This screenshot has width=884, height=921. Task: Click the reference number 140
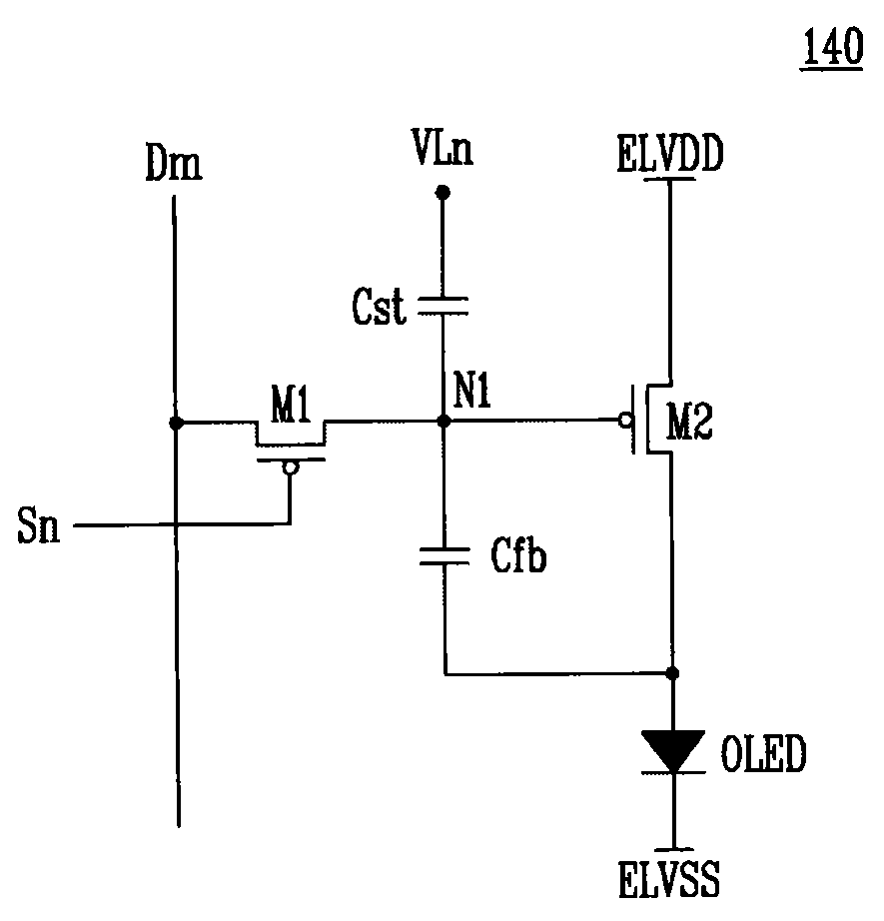pyautogui.click(x=832, y=46)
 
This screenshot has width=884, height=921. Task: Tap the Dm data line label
pyautogui.click(x=174, y=163)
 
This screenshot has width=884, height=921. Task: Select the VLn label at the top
pyautogui.click(x=442, y=147)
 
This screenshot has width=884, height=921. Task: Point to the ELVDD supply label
pyautogui.click(x=670, y=153)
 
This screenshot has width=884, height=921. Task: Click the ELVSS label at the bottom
pyautogui.click(x=669, y=879)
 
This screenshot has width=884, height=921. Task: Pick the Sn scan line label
pyautogui.click(x=39, y=525)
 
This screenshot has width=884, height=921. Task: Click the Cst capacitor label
pyautogui.click(x=379, y=306)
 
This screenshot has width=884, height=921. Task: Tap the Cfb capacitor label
pyautogui.click(x=518, y=554)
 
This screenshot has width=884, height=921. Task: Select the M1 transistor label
pyautogui.click(x=291, y=405)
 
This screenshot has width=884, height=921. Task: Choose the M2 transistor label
pyautogui.click(x=689, y=422)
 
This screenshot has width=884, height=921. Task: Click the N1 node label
pyautogui.click(x=471, y=390)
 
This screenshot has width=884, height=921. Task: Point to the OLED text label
pyautogui.click(x=763, y=753)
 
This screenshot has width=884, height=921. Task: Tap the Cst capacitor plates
pyautogui.click(x=442, y=306)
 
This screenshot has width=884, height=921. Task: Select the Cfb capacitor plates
pyautogui.click(x=444, y=555)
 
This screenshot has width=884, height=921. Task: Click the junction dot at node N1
pyautogui.click(x=444, y=422)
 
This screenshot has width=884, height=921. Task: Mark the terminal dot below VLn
pyautogui.click(x=442, y=192)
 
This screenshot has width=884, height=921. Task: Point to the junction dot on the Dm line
pyautogui.click(x=176, y=423)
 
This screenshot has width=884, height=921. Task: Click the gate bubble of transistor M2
pyautogui.click(x=626, y=420)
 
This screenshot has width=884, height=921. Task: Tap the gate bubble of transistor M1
pyautogui.click(x=290, y=467)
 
